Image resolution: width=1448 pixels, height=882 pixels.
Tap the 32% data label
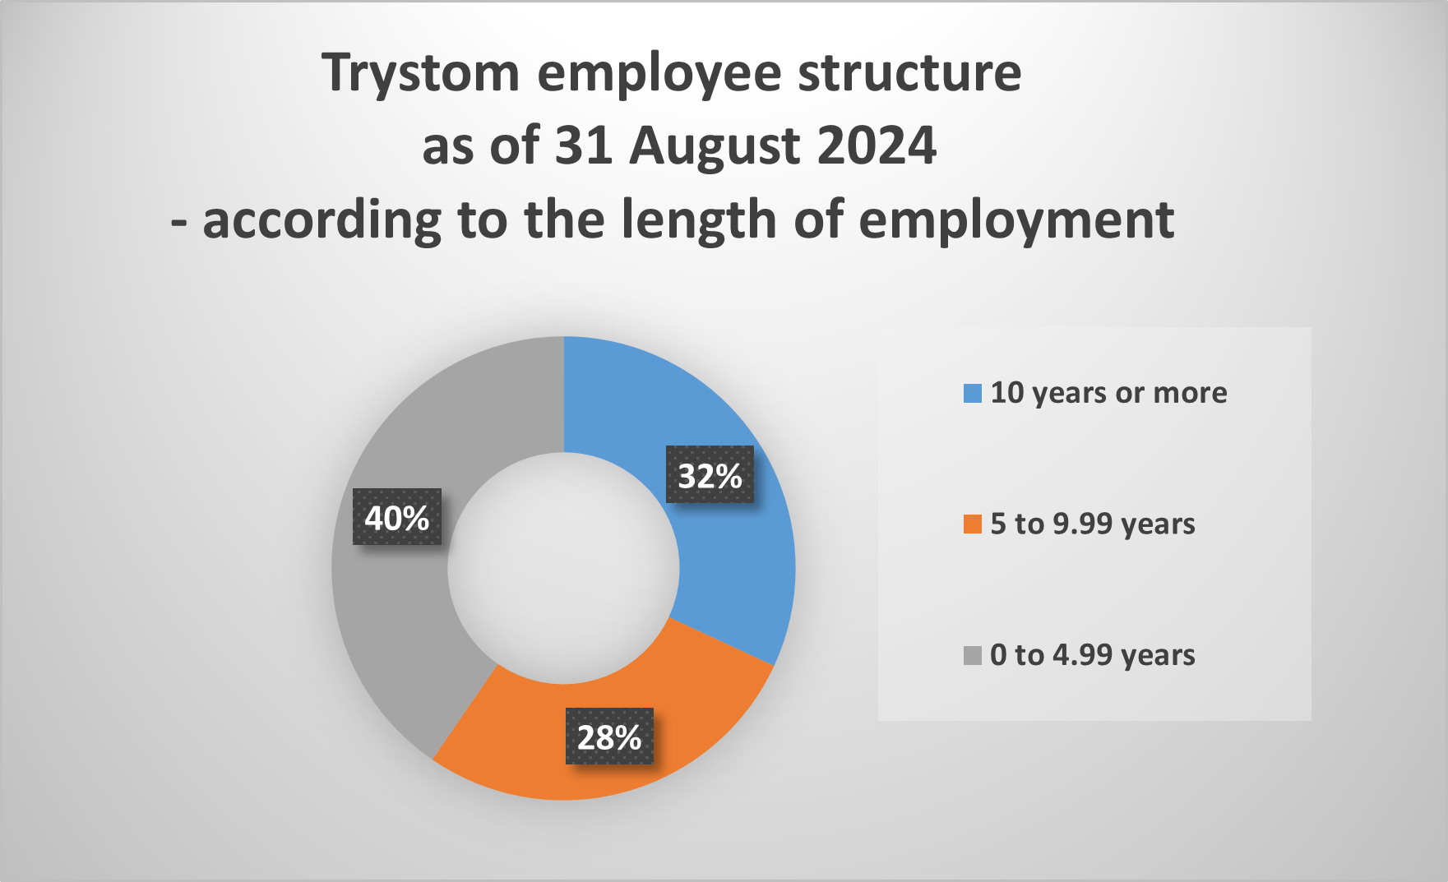coord(710,474)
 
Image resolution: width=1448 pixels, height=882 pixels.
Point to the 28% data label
coord(609,736)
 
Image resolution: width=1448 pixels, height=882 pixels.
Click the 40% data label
coord(397,517)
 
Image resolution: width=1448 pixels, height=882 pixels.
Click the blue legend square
coord(973,394)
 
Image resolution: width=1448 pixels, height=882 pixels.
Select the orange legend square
coord(973,524)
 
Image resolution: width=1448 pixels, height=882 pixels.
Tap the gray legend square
coord(973,656)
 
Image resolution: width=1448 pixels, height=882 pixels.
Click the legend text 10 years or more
coord(1108,393)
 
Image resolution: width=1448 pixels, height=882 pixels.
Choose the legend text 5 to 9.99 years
coord(1093,524)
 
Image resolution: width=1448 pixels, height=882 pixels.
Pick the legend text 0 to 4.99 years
coord(1093,655)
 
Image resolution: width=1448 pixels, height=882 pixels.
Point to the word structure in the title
coord(909,72)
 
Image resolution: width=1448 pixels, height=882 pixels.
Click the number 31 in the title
coord(583,145)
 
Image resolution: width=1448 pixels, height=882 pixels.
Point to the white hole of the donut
coord(564,568)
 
